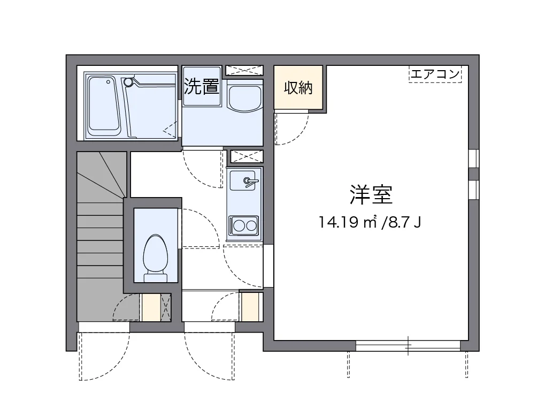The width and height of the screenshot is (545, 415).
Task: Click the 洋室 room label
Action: point(371,195)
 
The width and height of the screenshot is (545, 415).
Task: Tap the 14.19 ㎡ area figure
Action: point(348,222)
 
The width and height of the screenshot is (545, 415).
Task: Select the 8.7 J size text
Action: point(403,222)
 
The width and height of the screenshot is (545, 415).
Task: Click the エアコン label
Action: point(435,74)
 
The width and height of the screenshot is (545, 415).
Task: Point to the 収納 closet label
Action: point(298,88)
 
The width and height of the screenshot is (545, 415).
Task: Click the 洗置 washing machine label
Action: point(202,86)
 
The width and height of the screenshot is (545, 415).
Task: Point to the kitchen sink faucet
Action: point(249,182)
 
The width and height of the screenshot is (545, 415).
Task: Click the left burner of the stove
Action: point(237,225)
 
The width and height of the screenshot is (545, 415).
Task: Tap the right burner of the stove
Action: point(250,225)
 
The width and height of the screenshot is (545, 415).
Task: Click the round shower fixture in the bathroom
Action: point(128,82)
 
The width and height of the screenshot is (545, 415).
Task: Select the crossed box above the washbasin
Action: point(244,70)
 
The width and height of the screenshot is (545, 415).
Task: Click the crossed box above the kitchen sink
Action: point(246,156)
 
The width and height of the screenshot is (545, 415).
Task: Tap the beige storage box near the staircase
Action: point(150,308)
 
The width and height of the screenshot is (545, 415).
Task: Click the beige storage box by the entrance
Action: point(250,307)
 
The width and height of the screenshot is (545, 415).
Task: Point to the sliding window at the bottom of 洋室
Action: point(408,346)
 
